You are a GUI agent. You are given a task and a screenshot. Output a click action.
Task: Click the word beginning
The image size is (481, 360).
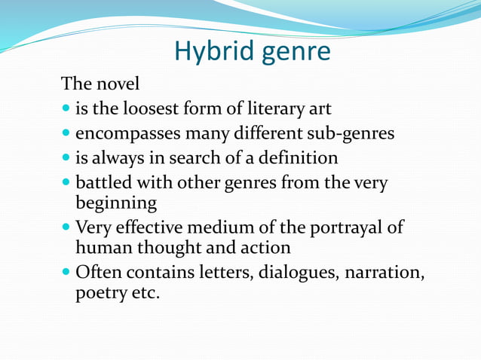116,203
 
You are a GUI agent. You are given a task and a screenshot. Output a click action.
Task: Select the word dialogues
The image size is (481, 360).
294,273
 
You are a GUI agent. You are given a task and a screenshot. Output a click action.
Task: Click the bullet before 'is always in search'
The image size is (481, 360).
66,159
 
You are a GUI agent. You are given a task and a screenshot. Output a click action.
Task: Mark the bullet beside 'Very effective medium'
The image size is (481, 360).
66,227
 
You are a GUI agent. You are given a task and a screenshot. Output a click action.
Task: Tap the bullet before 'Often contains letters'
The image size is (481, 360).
66,273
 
